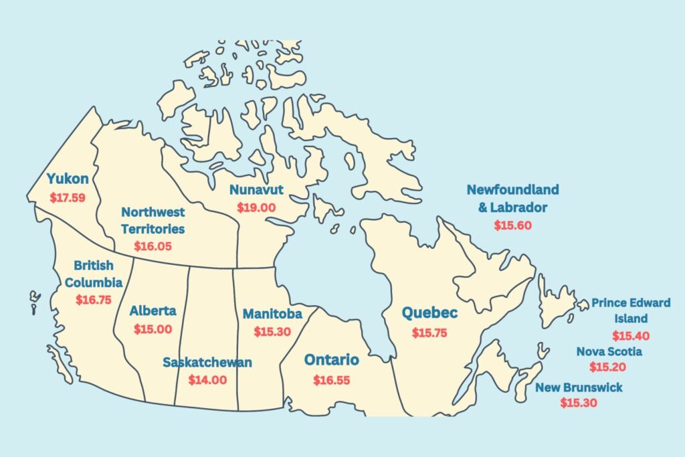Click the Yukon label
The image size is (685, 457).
tap(68, 179)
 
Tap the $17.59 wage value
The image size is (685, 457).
tap(68, 198)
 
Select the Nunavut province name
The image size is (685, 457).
tap(256, 189)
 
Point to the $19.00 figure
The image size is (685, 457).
tap(256, 207)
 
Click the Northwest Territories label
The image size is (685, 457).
tap(153, 220)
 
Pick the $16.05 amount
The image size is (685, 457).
tap(153, 246)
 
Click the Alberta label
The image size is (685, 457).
tap(153, 310)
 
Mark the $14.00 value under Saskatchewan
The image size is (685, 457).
tap(207, 380)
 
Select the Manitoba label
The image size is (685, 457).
tap(272, 313)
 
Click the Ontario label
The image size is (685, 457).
tap(332, 360)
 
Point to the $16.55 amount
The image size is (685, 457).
tap(332, 380)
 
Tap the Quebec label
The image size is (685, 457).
tap(429, 312)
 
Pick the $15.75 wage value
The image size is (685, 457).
tap(429, 333)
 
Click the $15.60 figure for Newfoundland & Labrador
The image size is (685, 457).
tap(513, 225)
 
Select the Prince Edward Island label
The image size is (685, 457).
tap(631, 310)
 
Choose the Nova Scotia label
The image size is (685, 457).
tap(609, 351)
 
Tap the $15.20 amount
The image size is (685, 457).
tap(608, 367)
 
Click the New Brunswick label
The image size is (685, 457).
tap(579, 387)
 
